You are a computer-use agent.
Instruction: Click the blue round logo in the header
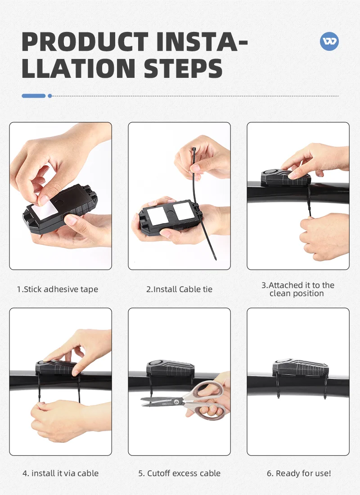(329, 41)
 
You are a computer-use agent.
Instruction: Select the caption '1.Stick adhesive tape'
(57, 289)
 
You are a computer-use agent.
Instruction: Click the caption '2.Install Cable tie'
(179, 289)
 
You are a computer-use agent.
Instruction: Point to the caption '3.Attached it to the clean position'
(297, 289)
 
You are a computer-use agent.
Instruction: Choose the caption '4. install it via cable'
(60, 473)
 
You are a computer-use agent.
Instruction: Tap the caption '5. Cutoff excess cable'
(179, 473)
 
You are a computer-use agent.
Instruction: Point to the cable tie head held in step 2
(194, 149)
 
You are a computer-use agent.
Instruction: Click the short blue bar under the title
(34, 96)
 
